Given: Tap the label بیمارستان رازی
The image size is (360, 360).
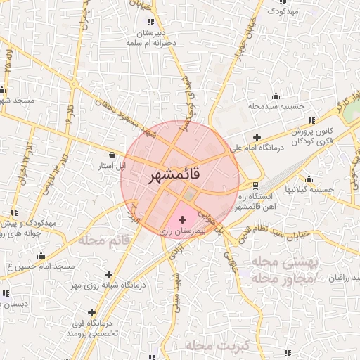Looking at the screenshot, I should (182, 231).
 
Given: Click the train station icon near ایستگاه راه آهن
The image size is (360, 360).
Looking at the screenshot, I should (255, 186).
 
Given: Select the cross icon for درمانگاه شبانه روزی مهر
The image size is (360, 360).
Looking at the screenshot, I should (108, 274).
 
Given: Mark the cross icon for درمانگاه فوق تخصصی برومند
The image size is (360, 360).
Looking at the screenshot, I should (91, 311).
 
